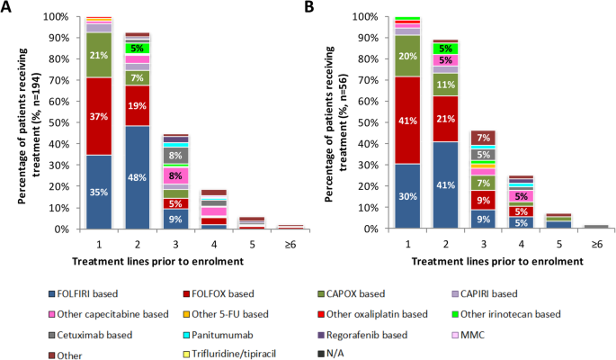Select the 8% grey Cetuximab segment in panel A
click(x=174, y=155)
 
